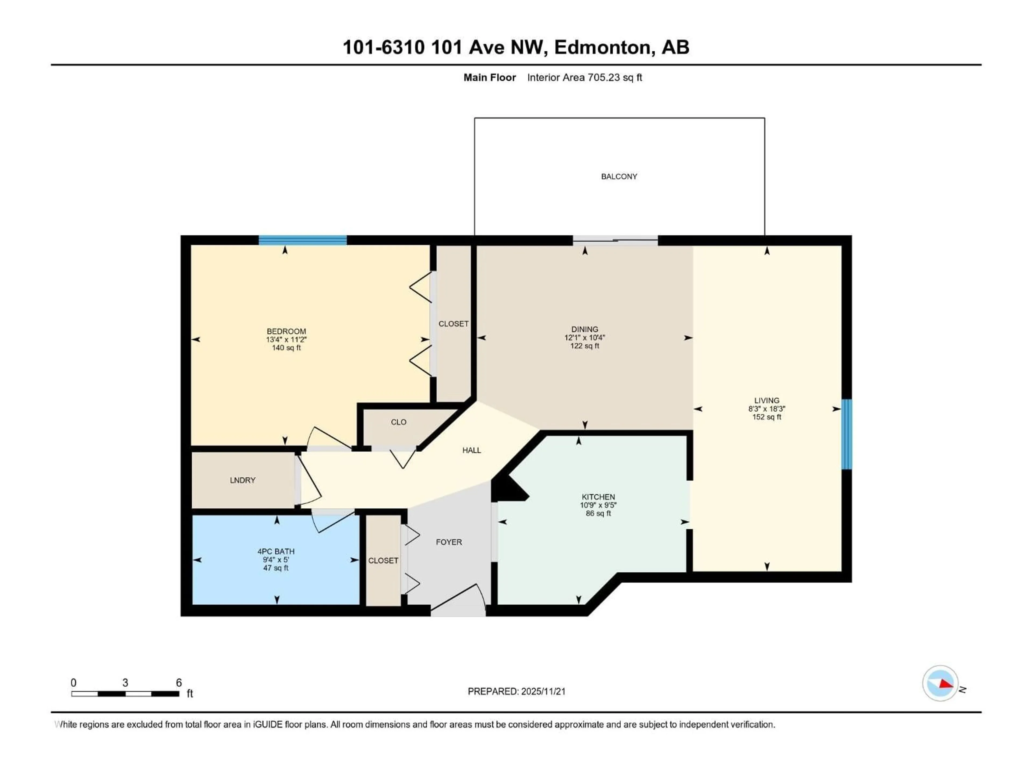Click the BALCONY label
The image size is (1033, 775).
tap(619, 177)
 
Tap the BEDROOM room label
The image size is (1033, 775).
tap(286, 331)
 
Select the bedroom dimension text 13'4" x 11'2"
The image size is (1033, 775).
tap(286, 340)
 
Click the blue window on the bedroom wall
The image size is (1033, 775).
tap(303, 240)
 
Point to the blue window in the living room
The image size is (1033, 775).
tap(846, 434)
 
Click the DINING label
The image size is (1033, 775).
tap(584, 329)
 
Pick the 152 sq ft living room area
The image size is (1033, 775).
tap(766, 417)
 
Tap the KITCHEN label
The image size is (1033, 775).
tap(598, 497)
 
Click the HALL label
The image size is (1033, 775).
tap(471, 450)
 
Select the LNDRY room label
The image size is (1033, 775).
tap(242, 480)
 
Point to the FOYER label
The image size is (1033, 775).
tap(449, 542)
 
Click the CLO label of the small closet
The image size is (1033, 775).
tap(398, 422)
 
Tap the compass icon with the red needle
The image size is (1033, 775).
tap(940, 684)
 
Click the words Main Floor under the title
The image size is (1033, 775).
tap(489, 77)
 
